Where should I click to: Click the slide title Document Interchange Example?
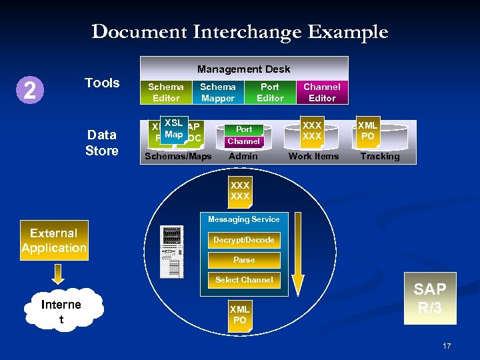point(239,31)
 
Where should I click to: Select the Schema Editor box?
point(166,92)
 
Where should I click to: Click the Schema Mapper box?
point(218,92)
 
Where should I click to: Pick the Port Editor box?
point(270,92)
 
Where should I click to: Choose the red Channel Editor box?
point(322,92)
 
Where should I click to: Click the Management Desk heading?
point(243,69)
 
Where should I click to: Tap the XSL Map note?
point(173,129)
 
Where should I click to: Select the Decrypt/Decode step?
point(243,240)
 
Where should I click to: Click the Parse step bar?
point(243,260)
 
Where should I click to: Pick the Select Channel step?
point(243,280)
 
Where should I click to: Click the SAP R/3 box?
point(430,298)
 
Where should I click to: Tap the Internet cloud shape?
point(61,311)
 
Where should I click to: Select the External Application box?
point(54,240)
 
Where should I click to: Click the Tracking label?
point(380,156)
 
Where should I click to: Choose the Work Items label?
point(313,156)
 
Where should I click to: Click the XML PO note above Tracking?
point(367,131)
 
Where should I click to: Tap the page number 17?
point(447,345)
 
